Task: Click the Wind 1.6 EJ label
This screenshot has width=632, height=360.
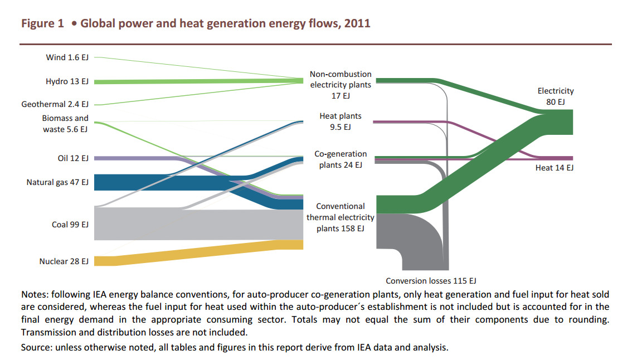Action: [67, 57]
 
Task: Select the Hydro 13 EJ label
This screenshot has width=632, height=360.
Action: [67, 81]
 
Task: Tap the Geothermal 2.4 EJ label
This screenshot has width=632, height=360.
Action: [55, 104]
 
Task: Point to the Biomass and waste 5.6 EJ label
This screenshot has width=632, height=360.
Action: [65, 124]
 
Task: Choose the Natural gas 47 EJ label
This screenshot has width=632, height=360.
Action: [57, 182]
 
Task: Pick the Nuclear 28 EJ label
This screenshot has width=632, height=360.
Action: [64, 261]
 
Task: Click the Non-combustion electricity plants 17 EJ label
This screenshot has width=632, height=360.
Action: [341, 85]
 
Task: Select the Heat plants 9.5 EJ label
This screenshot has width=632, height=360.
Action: [341, 121]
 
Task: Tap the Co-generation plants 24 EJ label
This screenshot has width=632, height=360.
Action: [341, 159]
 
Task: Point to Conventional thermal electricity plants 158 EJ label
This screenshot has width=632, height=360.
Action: [341, 217]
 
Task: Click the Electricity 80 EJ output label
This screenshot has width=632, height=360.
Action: [555, 96]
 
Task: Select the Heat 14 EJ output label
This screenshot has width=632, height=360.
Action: [554, 168]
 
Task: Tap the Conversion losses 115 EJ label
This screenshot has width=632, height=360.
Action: [431, 281]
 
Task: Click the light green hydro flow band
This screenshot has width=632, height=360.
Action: [195, 81]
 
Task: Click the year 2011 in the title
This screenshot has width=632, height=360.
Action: [357, 24]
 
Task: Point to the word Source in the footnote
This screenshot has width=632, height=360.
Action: [35, 347]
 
